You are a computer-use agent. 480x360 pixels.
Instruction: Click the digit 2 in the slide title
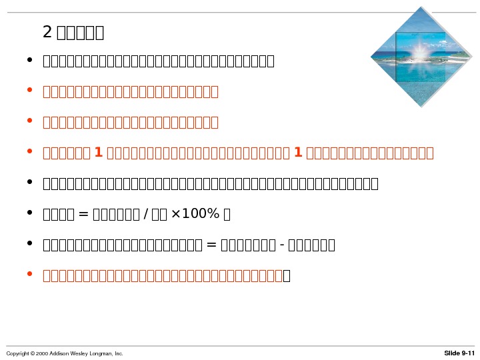pos(47,31)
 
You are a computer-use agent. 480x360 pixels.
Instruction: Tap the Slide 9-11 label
pos(459,353)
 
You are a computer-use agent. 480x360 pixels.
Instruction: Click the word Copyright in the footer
pos(17,353)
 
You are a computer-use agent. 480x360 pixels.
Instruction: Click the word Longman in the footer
pos(103,353)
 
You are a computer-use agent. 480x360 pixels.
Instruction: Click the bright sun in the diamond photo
pos(421,49)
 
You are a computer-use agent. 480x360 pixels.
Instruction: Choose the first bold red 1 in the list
pos(99,153)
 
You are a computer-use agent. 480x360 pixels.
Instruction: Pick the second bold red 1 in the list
pos(298,153)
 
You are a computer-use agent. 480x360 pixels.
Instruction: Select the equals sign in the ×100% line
pos(83,214)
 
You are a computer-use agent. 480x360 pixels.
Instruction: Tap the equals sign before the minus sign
pos(213,245)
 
